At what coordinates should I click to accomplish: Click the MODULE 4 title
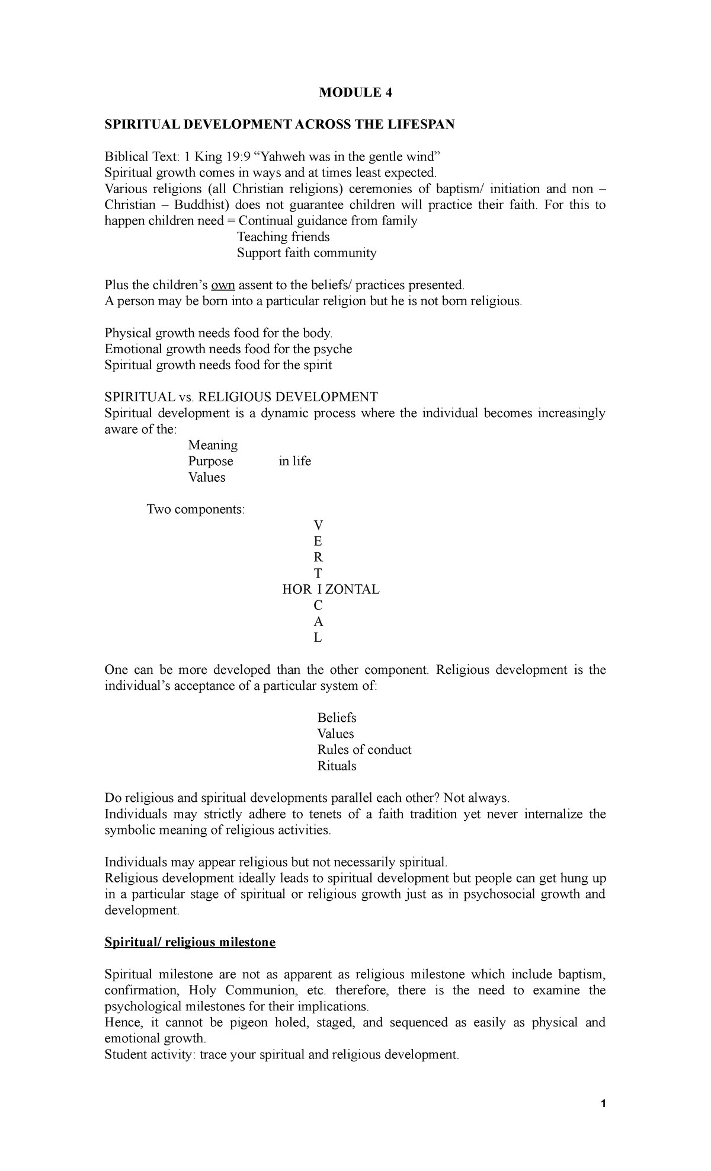[x=355, y=92]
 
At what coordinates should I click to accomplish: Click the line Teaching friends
[x=283, y=237]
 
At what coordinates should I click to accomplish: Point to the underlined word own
[x=223, y=285]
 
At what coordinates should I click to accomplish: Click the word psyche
[x=332, y=349]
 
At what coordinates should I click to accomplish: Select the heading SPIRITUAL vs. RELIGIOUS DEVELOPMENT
[x=241, y=397]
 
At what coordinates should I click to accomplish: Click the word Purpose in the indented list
[x=210, y=461]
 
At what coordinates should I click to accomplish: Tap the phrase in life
[x=294, y=461]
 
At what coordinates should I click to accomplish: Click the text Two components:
[x=195, y=509]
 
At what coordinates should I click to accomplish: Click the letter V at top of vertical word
[x=318, y=525]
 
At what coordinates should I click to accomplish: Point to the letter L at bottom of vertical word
[x=318, y=638]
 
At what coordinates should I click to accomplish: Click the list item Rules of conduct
[x=364, y=750]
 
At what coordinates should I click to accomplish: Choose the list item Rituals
[x=337, y=766]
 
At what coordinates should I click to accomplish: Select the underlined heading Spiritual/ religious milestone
[x=190, y=942]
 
